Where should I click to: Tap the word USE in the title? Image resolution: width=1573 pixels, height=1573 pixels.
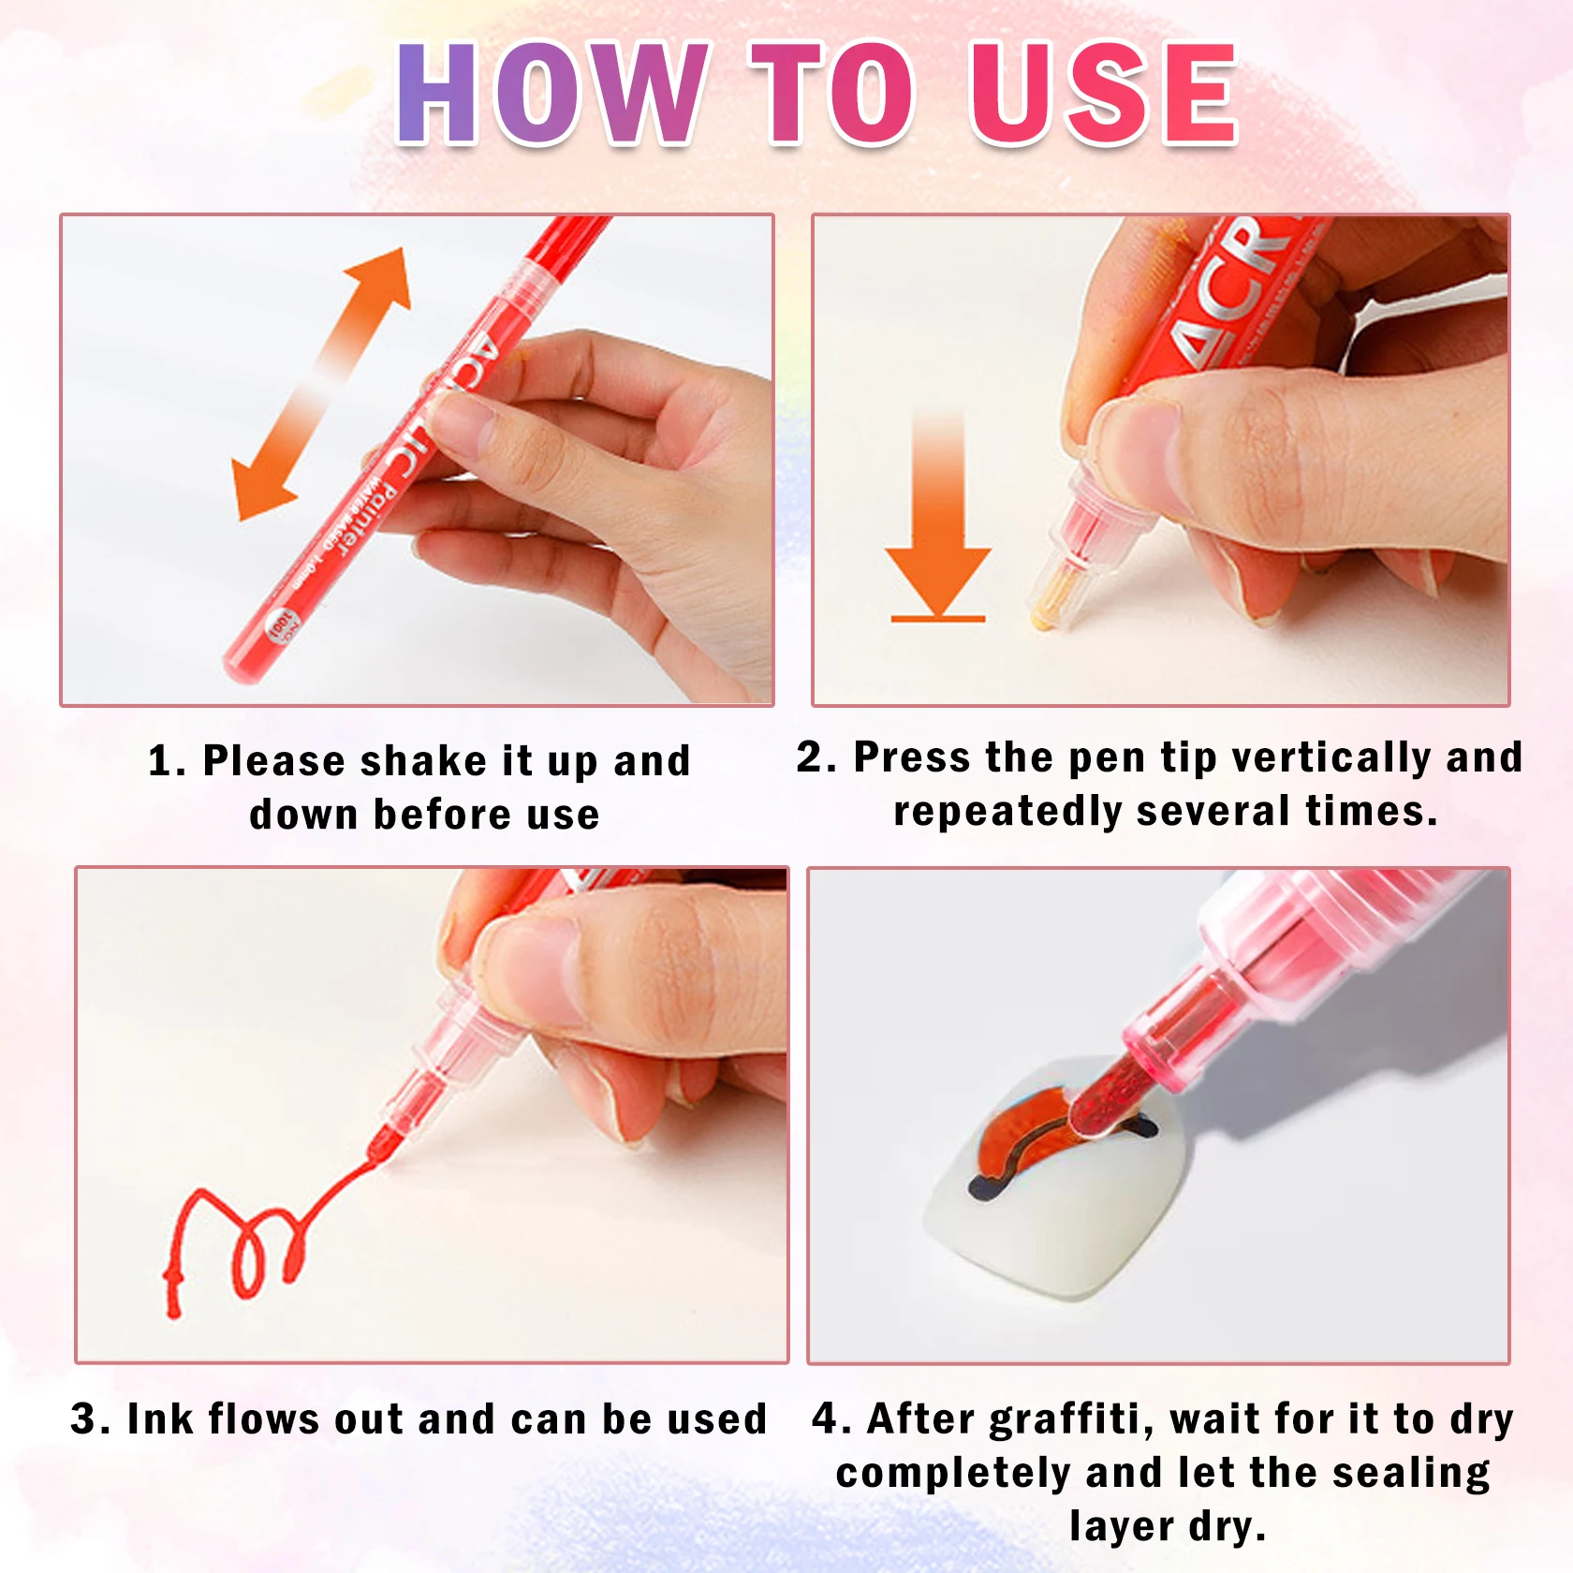click(1105, 94)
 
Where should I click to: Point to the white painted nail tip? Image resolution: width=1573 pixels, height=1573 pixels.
click(1049, 1217)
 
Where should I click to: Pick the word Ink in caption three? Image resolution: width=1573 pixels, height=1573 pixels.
click(159, 1419)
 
